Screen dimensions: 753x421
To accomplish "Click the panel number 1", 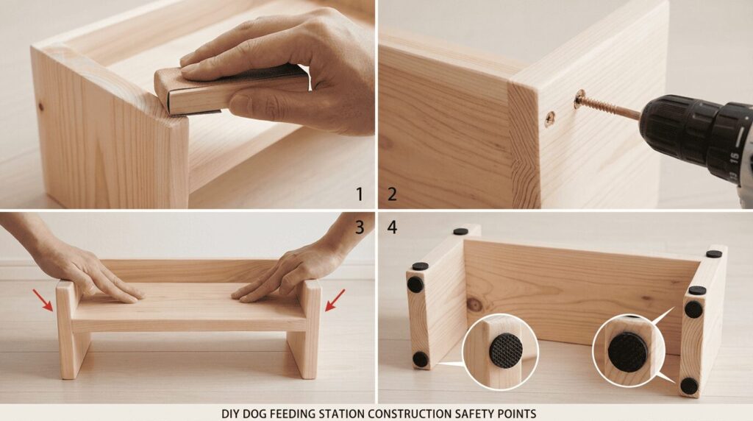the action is point(359,194).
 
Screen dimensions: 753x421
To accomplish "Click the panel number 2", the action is point(393,194).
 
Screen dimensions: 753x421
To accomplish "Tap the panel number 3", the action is point(360,227).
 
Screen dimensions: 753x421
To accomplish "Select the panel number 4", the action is point(393,227).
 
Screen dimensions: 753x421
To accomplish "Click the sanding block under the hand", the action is point(230,91).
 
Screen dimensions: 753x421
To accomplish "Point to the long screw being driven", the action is point(607,107).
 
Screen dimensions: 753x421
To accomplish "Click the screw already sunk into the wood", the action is point(549,118).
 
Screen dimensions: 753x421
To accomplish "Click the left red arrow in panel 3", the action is point(43,300).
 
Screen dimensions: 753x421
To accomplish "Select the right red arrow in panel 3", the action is point(335,300).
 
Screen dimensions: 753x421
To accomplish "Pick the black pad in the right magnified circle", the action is point(627,351).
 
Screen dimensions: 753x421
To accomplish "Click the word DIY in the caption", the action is point(229,414).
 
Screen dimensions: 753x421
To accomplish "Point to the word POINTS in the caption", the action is point(517,414).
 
